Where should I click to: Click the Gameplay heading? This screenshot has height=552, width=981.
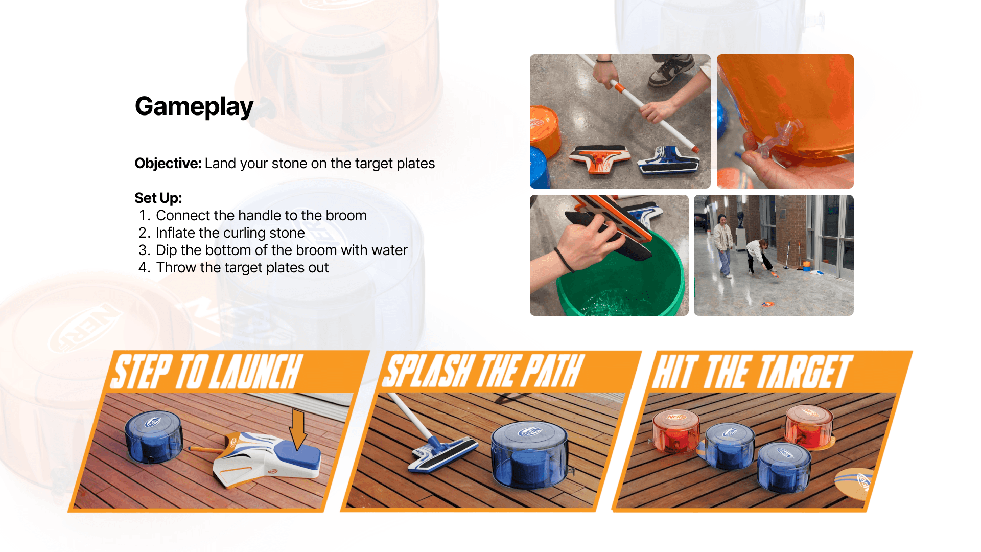194,107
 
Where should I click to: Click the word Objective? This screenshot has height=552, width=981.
168,164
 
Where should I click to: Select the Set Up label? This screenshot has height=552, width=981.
158,198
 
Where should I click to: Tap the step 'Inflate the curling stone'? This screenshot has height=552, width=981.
230,233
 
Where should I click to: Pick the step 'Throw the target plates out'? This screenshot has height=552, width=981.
243,268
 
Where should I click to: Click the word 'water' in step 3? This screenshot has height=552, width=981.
389,250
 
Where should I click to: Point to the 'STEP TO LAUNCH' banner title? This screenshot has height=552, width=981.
206,372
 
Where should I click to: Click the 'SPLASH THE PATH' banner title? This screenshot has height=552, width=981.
483,371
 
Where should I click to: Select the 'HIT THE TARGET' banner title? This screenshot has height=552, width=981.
752,372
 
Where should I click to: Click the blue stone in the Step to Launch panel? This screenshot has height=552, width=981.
154,438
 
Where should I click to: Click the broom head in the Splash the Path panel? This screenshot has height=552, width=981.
442,454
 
